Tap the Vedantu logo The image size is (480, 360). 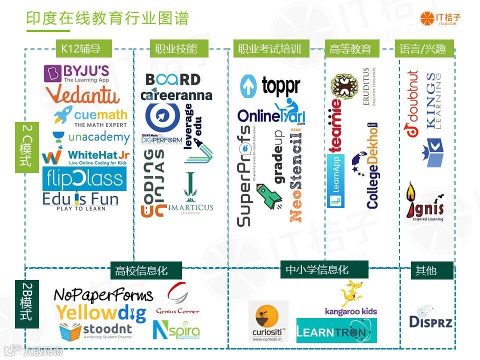[82, 94]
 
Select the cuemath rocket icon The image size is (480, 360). [63, 115]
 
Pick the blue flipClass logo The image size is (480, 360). [84, 178]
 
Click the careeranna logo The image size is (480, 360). [176, 95]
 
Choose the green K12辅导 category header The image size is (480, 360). [81, 49]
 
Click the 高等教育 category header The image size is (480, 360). [351, 49]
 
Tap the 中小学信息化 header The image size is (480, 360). [317, 270]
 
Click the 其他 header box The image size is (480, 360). [426, 270]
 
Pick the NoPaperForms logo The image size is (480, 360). [103, 295]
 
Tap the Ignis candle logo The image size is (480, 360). [424, 202]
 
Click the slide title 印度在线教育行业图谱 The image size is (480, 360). [107, 19]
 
